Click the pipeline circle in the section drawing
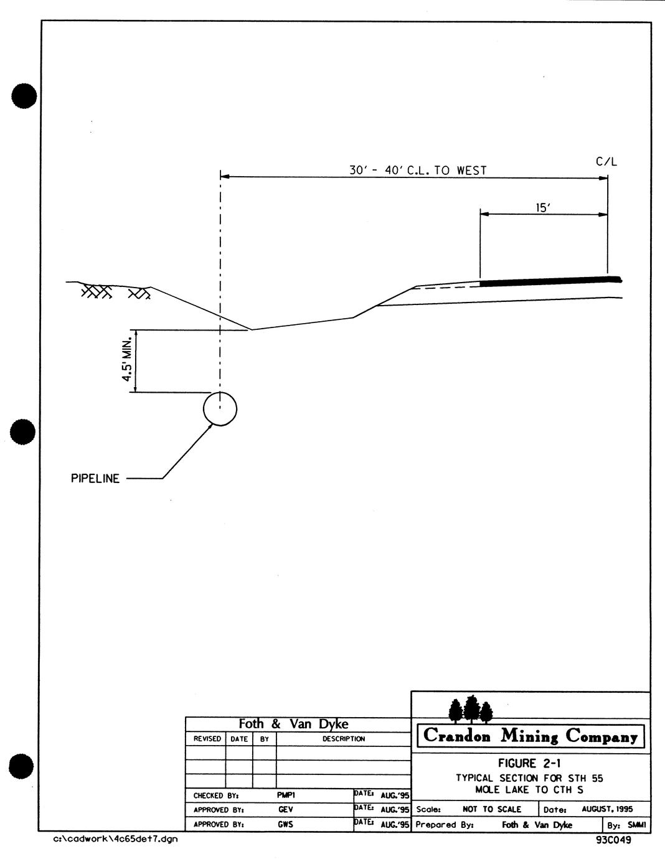(220, 408)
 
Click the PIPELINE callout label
(95, 479)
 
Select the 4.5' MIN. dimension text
(128, 360)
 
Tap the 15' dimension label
(543, 207)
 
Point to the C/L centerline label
(606, 162)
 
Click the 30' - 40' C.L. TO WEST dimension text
(418, 170)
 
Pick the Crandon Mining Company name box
(531, 736)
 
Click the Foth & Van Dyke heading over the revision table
(293, 723)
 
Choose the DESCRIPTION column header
(343, 739)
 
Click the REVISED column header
(207, 739)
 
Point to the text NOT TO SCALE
(492, 809)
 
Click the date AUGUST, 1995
(607, 809)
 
